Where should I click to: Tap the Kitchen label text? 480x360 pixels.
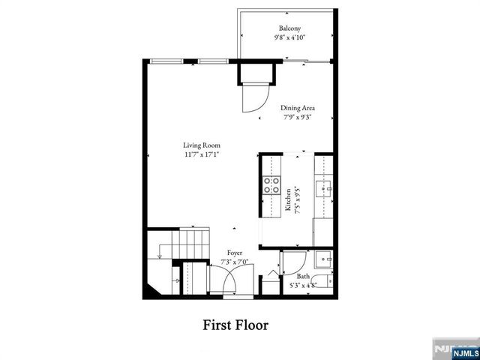287,201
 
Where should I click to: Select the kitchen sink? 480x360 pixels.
324,187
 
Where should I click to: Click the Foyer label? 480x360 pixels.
234,253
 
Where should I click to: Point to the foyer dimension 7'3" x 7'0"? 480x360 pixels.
234,262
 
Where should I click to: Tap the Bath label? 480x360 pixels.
302,276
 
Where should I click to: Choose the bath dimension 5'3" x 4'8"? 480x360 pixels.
303,285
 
